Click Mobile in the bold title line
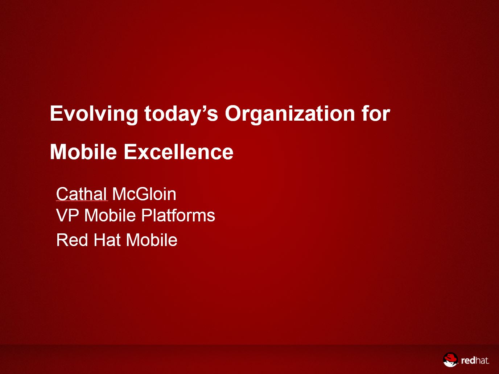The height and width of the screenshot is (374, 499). click(x=83, y=152)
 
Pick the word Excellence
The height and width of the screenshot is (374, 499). click(x=178, y=152)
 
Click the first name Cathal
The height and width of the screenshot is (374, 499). click(x=81, y=194)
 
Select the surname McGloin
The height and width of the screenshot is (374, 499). click(x=144, y=194)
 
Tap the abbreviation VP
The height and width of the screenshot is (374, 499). click(x=67, y=215)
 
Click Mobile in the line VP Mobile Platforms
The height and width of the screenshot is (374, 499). click(x=110, y=215)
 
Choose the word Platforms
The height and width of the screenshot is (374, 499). click(x=178, y=215)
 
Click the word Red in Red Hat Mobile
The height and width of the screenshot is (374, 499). click(x=72, y=240)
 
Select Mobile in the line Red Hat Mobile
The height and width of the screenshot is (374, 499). click(x=152, y=240)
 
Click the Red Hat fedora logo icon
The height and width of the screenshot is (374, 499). click(x=450, y=360)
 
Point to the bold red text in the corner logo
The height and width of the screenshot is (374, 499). click(x=468, y=360)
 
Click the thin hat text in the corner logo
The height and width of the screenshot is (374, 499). click(x=482, y=360)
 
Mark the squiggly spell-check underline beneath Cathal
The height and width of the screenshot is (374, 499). click(x=82, y=201)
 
